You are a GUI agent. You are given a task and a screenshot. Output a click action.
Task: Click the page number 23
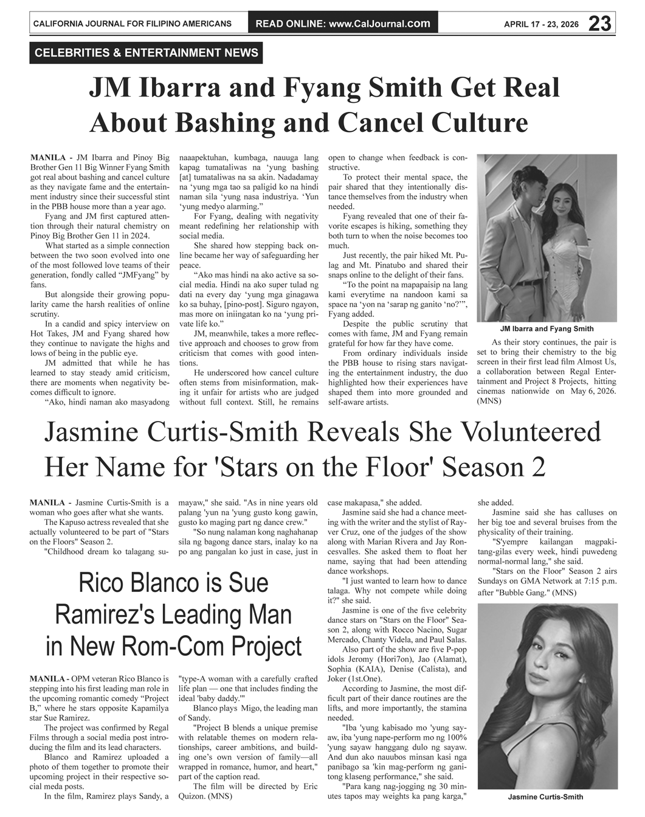[x=599, y=24]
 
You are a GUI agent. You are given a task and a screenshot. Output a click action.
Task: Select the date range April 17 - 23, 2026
[x=541, y=24]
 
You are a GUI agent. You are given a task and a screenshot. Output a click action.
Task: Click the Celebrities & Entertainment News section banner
[x=147, y=53]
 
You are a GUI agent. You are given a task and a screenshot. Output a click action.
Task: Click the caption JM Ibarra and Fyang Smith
[x=547, y=329]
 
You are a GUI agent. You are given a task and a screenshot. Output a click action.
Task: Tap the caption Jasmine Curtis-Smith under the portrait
[x=545, y=797]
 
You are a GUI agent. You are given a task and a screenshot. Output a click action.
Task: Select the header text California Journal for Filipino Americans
[x=132, y=24]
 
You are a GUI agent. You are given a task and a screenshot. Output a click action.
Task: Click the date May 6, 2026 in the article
[x=593, y=391]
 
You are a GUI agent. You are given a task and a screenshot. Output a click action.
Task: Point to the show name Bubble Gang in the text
[x=522, y=592]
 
